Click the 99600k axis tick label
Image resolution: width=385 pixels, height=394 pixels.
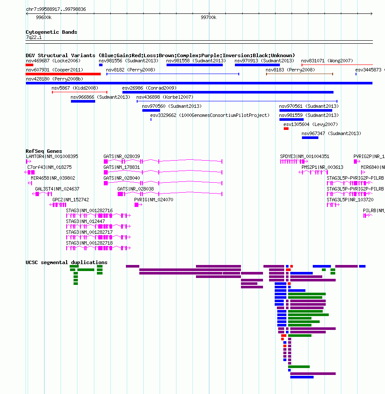[44, 17]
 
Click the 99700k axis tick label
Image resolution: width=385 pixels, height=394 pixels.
[209, 17]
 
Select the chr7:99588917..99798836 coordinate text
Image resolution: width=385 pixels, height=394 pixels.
[56, 9]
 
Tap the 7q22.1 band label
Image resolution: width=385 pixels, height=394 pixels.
[34, 37]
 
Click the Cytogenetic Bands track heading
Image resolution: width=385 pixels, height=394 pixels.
[51, 32]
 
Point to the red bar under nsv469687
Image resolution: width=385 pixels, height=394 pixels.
[29, 65]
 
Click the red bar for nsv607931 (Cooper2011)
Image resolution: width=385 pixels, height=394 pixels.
[63, 74]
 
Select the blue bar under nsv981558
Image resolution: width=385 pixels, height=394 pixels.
[195, 65]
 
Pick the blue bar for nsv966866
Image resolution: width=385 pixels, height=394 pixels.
[83, 101]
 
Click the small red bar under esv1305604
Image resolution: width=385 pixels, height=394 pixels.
[286, 129]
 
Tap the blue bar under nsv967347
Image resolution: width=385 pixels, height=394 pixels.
[310, 138]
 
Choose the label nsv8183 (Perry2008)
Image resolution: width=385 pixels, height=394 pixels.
[290, 70]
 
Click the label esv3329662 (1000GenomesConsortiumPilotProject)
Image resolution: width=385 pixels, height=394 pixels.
[210, 115]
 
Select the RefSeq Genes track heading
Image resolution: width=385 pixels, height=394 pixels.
[44, 151]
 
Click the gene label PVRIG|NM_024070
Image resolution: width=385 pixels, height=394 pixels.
[154, 200]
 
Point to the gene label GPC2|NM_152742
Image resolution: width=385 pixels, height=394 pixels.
[71, 200]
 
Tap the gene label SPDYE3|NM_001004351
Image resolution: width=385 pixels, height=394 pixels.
[305, 157]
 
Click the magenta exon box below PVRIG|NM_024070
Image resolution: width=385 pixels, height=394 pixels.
[137, 205]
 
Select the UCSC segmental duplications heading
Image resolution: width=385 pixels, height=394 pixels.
[67, 262]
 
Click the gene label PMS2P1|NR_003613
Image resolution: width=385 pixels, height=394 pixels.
[322, 168]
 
